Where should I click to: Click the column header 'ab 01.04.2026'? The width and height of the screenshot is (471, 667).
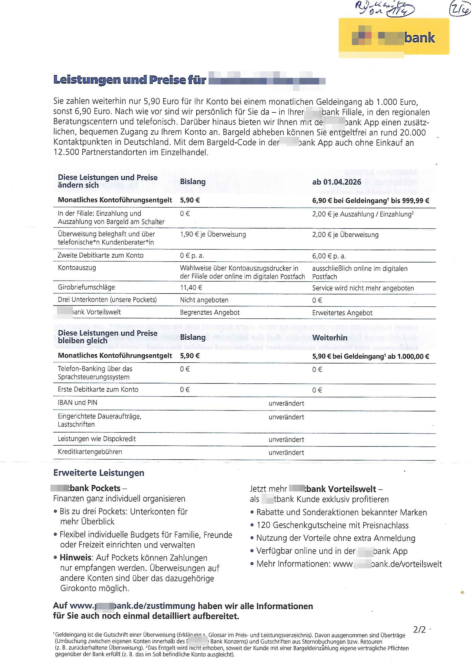pos(336,182)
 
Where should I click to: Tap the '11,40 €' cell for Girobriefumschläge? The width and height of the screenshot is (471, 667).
pos(191,288)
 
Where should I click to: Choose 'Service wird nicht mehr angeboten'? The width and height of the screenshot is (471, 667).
pos(363,288)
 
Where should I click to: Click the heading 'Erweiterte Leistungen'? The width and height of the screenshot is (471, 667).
pos(99,473)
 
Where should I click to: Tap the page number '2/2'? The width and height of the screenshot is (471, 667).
pos(419,630)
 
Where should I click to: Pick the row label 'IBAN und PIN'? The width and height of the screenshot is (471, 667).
pos(78,403)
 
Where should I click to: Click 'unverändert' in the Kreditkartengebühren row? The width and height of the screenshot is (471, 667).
pos(286,452)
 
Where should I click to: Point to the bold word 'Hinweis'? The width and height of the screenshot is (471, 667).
pos(76,558)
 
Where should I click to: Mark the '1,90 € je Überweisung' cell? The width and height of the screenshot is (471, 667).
pos(213,235)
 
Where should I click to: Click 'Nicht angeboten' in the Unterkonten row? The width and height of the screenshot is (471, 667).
pos(204,300)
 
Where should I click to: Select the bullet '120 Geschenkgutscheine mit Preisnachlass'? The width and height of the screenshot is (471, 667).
pos(332,525)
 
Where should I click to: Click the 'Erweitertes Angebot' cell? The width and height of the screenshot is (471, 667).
pos(342,313)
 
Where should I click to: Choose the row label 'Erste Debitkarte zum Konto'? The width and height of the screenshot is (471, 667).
pos(98,390)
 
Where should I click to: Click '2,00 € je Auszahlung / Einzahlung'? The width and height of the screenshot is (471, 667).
pos(362,215)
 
